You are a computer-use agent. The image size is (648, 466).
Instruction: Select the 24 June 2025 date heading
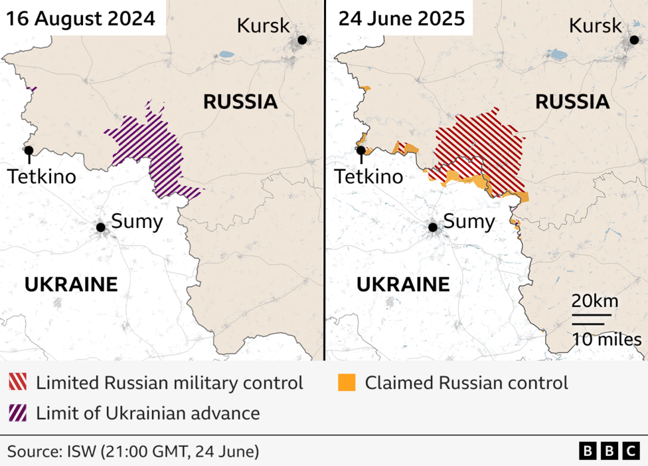pos(402,18)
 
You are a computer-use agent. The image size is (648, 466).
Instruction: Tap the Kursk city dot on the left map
pos(302,40)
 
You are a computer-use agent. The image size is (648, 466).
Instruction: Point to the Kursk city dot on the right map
pos(633,40)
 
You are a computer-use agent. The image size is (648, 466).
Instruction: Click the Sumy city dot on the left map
pos(101,227)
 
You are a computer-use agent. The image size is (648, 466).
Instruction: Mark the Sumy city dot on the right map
pos(433,227)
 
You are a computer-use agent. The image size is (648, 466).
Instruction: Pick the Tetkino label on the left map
pos(41,177)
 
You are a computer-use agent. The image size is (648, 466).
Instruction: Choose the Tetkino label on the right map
pos(368,177)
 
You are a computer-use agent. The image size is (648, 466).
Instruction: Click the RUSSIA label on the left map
pos(240,102)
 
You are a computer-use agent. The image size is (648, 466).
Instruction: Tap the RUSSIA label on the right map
pos(572,102)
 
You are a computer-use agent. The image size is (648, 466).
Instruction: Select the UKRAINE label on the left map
pos(71,285)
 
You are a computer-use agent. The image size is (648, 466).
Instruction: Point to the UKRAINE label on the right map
pos(403,285)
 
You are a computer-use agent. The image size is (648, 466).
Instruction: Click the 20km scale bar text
pos(595,301)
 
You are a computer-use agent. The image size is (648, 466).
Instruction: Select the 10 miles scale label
pos(607,340)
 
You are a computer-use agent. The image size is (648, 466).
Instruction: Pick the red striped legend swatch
pos(18,383)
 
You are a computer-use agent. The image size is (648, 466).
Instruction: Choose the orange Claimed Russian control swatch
pos(347,383)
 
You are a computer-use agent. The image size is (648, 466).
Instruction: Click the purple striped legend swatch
pos(18,413)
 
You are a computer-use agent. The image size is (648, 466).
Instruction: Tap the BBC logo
pos(609,451)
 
